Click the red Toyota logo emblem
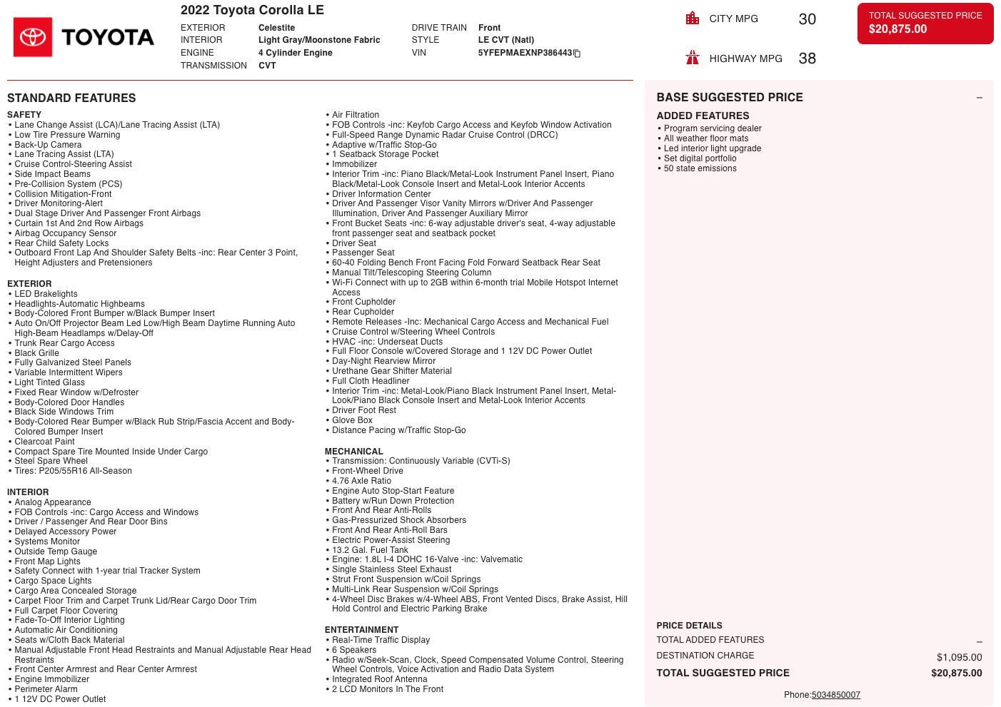pos(33,37)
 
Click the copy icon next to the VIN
pos(577,54)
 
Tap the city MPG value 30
pos(807,19)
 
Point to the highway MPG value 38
pos(807,59)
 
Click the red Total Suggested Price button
pos(925,23)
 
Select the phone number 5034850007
pos(835,695)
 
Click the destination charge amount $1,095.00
pos(959,657)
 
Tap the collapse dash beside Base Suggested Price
pos(979,98)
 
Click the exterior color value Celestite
pos(276,28)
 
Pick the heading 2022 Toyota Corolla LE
pos(252,10)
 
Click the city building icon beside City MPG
pos(692,19)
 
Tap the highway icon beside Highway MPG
pos(692,58)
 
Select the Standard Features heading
pos(71,98)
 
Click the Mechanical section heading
pos(353,452)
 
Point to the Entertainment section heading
pos(361,630)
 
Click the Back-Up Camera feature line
pos(48,145)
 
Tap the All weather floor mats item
pos(706,138)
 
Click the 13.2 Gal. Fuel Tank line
pos(370,550)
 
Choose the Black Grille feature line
pos(36,353)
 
